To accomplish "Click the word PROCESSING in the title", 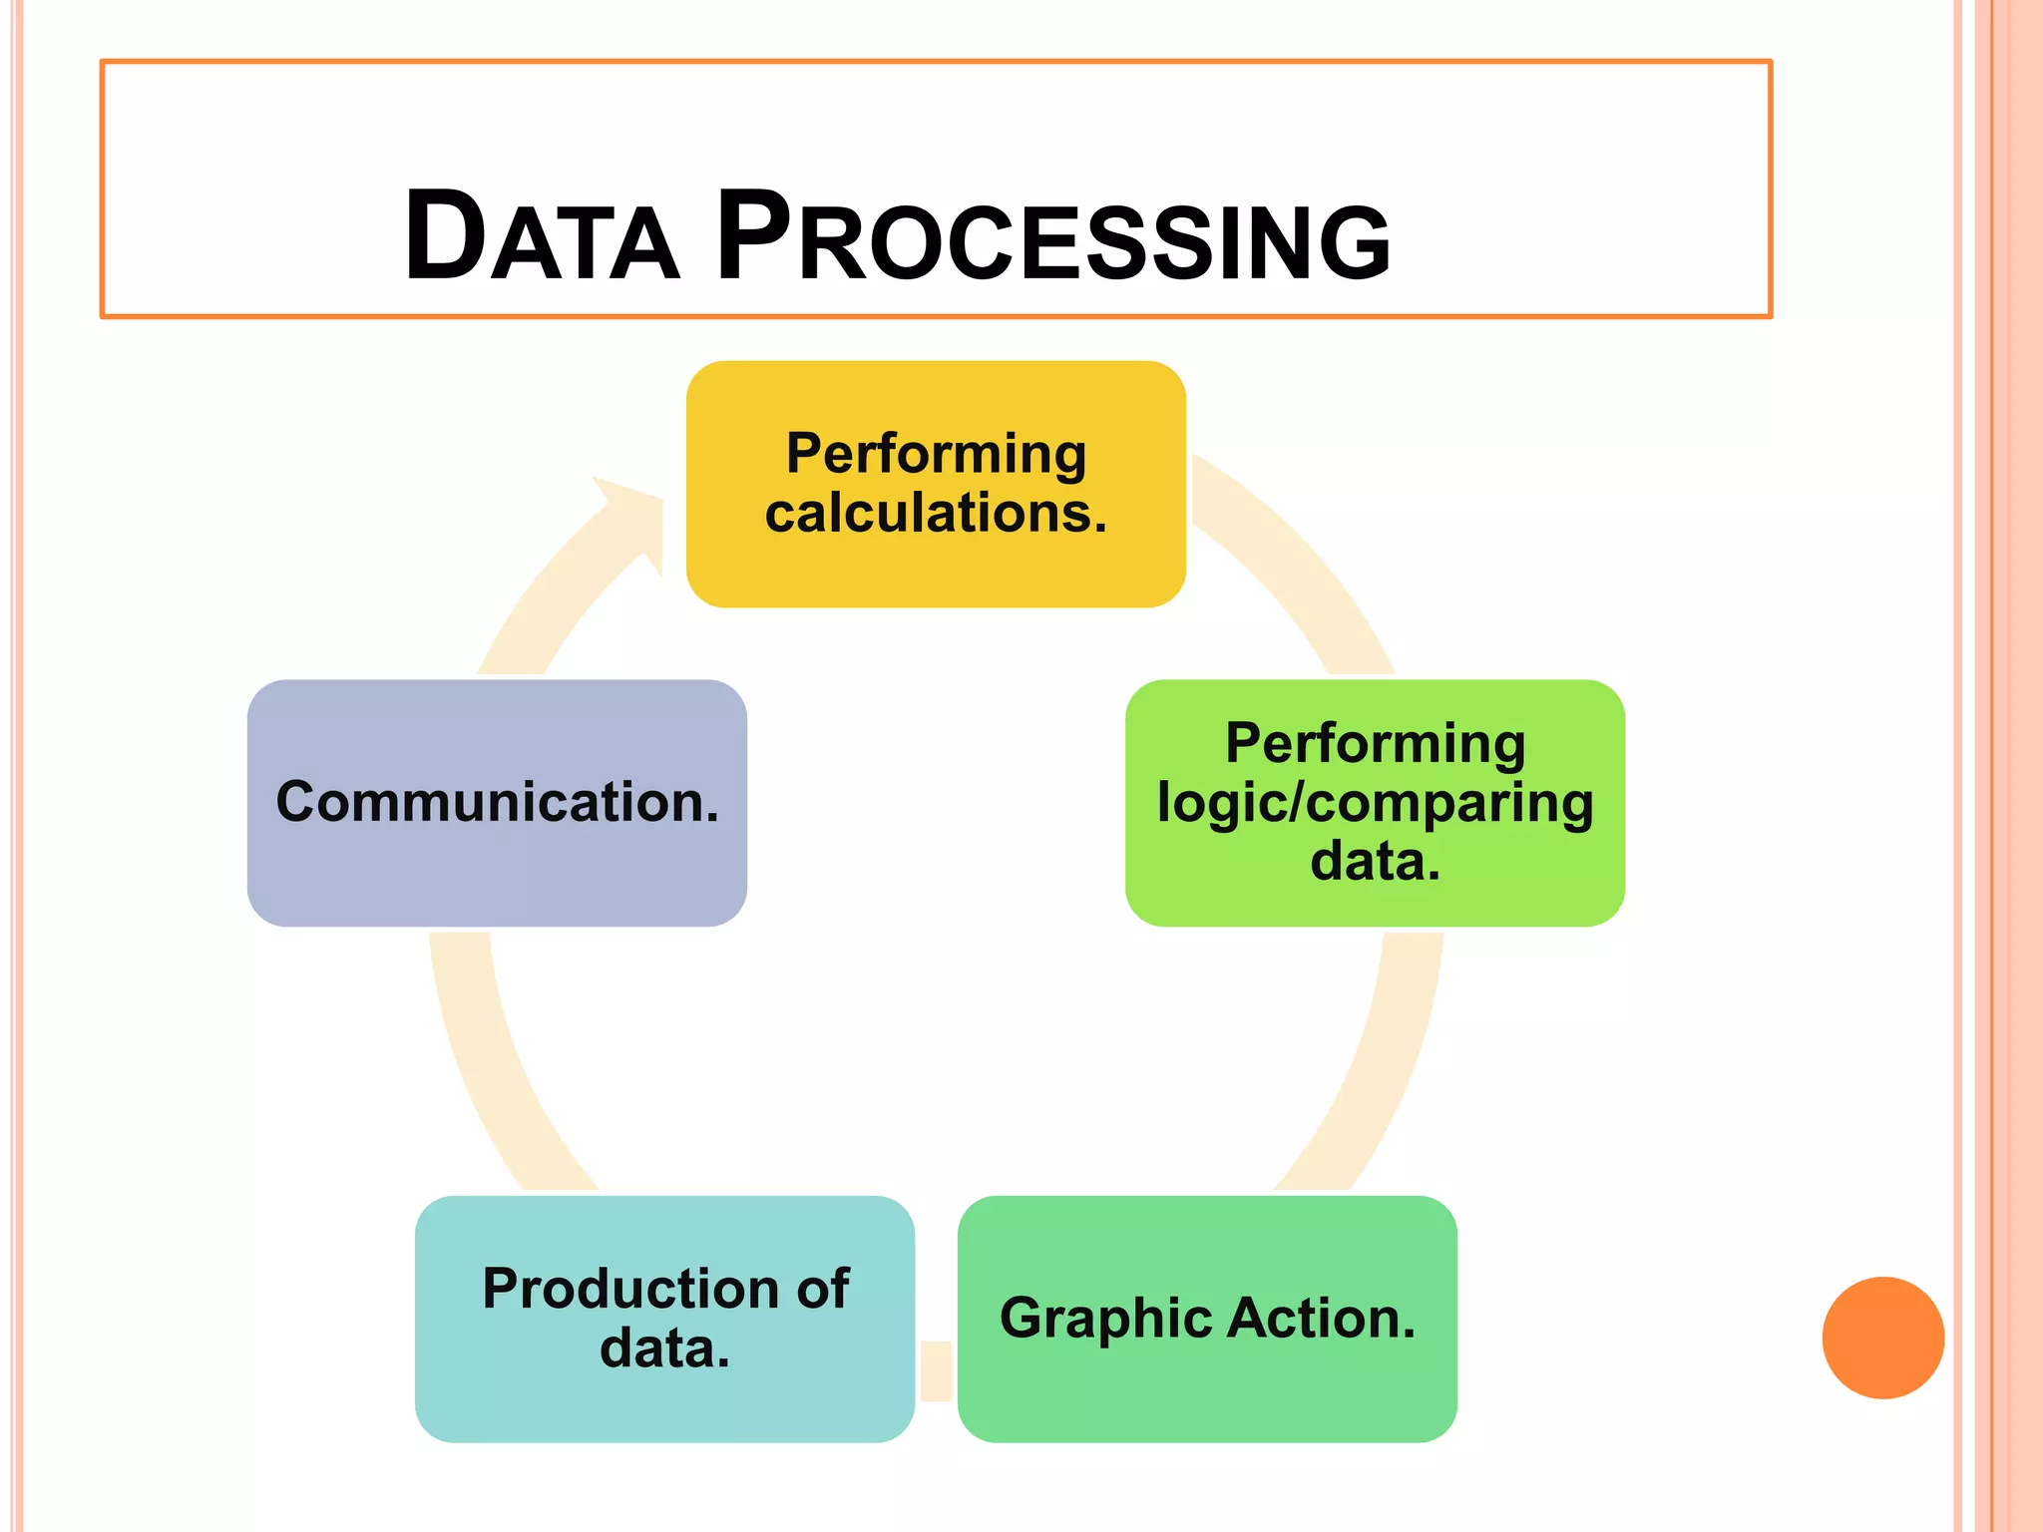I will click(1053, 237).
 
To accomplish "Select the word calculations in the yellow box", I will click(936, 513).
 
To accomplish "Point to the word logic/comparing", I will click(1375, 803).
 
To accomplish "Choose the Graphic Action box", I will click(1207, 1396).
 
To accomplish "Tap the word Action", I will click(1321, 1319).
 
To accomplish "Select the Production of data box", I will click(664, 1406).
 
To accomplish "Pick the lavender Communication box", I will click(497, 878).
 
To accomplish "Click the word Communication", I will click(497, 802).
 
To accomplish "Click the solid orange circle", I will click(1882, 1338).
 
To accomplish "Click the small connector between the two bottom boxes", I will click(936, 1370).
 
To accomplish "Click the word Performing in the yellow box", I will click(936, 454).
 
